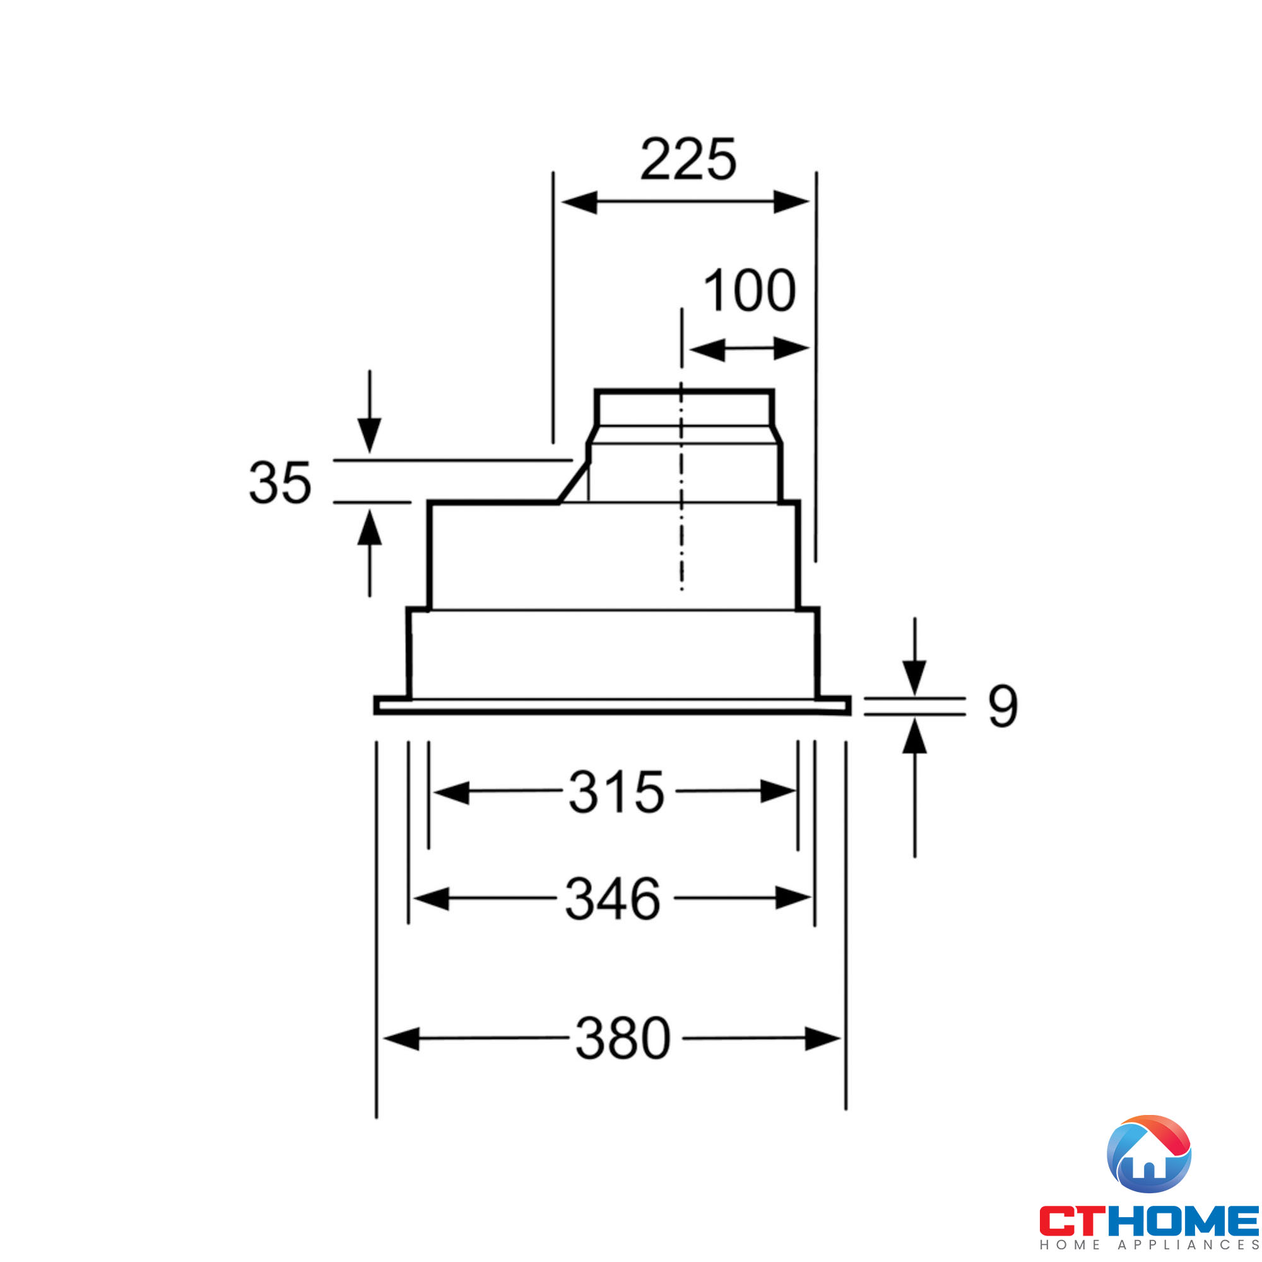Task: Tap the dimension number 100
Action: pyautogui.click(x=749, y=291)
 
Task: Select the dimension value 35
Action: pyautogui.click(x=280, y=483)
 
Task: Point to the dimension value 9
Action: pyautogui.click(x=1003, y=706)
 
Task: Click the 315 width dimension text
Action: pyautogui.click(x=616, y=793)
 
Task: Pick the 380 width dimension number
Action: pyautogui.click(x=623, y=1039)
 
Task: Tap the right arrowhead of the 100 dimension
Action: pyautogui.click(x=791, y=350)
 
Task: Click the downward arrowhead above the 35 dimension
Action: pyautogui.click(x=369, y=434)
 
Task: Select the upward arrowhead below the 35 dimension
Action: pyautogui.click(x=369, y=528)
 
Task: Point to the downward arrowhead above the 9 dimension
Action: pyautogui.click(x=914, y=677)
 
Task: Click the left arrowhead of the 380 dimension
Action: pyautogui.click(x=402, y=1039)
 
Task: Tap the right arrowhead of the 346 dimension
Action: pyautogui.click(x=793, y=898)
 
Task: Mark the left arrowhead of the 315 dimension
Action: pyautogui.click(x=451, y=793)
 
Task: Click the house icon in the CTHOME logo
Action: pyautogui.click(x=1149, y=1154)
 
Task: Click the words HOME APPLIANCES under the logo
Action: pyautogui.click(x=1149, y=1245)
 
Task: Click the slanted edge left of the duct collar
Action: pyautogui.click(x=573, y=483)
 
